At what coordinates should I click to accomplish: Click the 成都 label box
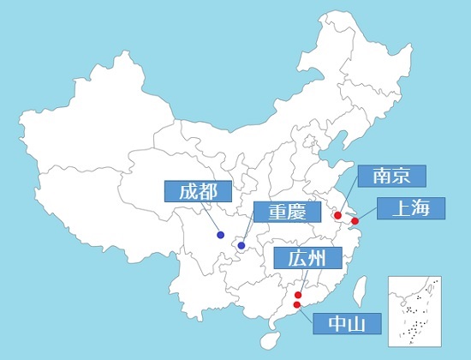(193, 191)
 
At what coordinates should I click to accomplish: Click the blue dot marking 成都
(221, 235)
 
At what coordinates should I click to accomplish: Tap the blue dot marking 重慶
(241, 247)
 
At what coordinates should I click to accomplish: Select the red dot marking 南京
(338, 215)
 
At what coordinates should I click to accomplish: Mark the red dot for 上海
(355, 221)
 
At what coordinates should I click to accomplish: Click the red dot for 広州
(298, 295)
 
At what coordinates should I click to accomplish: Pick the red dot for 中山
(297, 304)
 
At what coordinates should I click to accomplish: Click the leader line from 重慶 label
(249, 235)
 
